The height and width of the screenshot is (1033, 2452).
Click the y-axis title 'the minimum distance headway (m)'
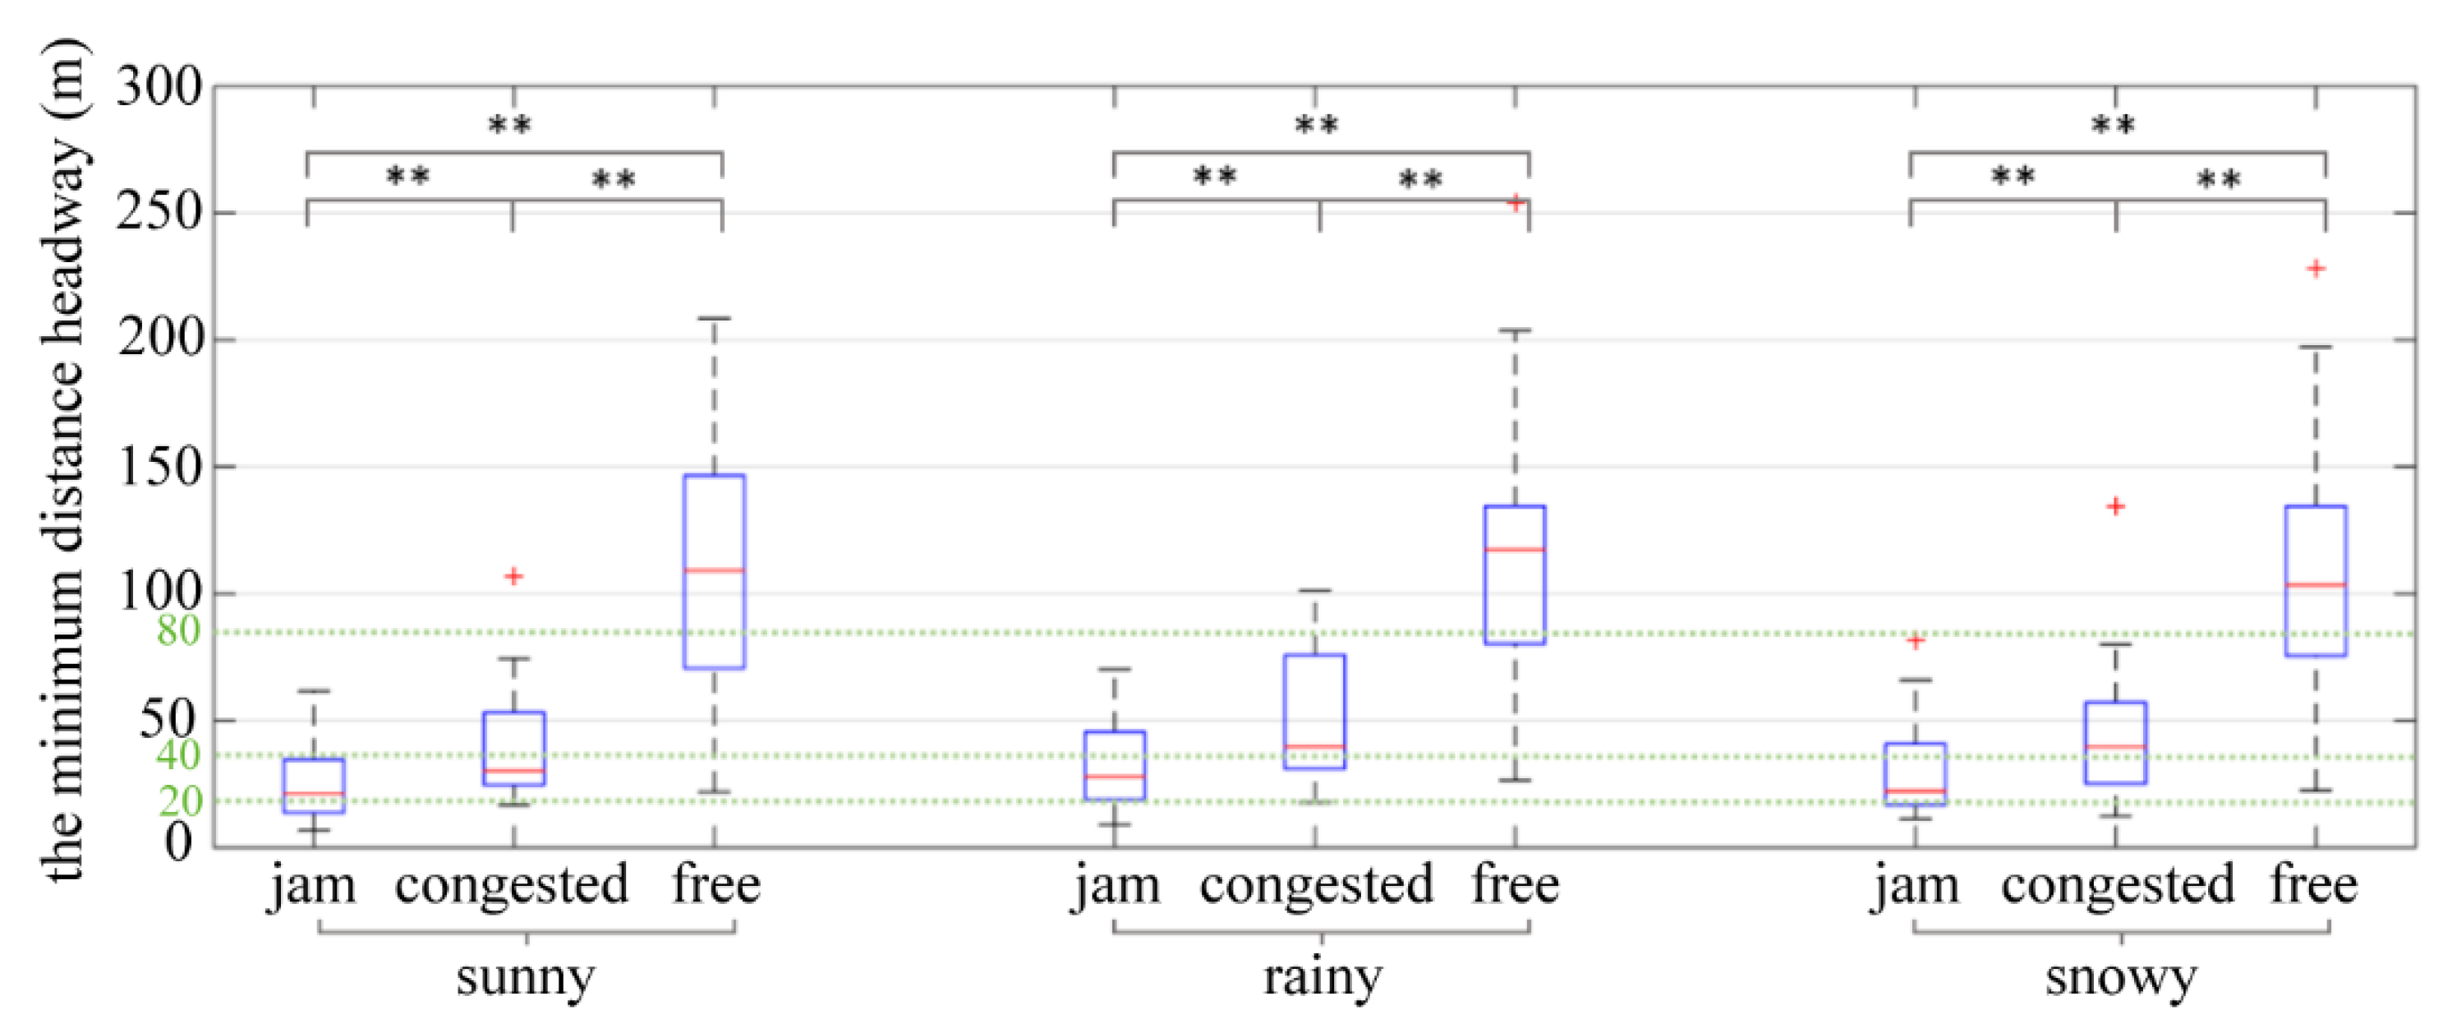(65, 462)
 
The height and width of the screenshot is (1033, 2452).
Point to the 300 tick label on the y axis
(159, 88)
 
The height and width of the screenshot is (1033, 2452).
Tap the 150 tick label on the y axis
(159, 468)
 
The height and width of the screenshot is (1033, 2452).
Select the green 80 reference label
(178, 630)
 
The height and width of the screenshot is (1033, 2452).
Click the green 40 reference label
(178, 755)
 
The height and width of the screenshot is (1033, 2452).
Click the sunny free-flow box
(714, 571)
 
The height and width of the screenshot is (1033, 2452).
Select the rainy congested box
(1314, 711)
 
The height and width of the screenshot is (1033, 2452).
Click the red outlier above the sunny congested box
(514, 576)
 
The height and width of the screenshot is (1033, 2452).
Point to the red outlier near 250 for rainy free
(1516, 202)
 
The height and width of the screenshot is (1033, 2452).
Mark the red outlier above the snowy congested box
(2115, 506)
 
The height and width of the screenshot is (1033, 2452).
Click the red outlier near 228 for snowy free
(2316, 269)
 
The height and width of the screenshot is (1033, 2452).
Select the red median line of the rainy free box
(1515, 549)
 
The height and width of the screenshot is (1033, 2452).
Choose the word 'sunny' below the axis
(526, 977)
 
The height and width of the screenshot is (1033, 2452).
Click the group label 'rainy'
(1323, 977)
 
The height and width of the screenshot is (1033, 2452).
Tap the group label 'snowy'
(2121, 977)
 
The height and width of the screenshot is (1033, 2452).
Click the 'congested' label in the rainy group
(1317, 884)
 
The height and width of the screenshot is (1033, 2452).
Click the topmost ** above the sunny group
(510, 125)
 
